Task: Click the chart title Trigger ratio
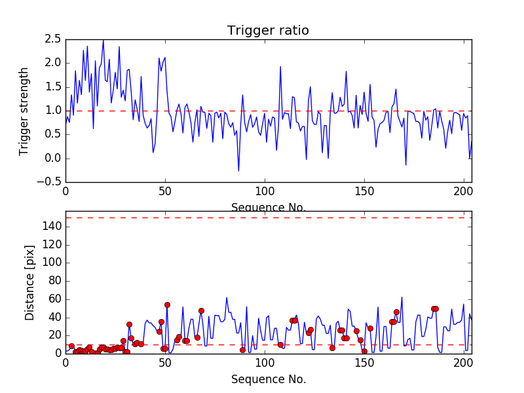(x=268, y=30)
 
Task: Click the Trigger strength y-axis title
(x=24, y=111)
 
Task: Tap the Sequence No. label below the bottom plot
(x=268, y=379)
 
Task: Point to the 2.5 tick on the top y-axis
(x=52, y=39)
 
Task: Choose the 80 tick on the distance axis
(x=55, y=281)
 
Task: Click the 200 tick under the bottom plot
(x=464, y=363)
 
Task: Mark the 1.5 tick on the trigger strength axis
(x=52, y=87)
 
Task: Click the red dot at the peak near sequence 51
(x=167, y=305)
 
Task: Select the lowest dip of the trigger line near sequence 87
(x=238, y=171)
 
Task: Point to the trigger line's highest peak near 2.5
(x=103, y=41)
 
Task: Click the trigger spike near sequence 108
(x=280, y=67)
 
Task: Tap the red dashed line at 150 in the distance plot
(x=268, y=217)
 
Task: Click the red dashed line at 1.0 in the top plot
(x=268, y=111)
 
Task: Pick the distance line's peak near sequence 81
(x=227, y=297)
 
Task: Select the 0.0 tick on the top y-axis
(x=52, y=159)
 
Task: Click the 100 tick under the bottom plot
(x=265, y=363)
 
